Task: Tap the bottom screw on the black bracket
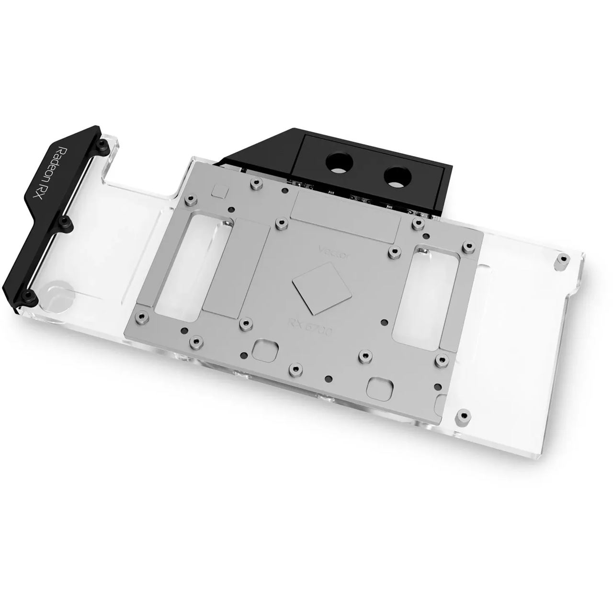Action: [29, 294]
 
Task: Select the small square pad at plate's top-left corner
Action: [218, 191]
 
